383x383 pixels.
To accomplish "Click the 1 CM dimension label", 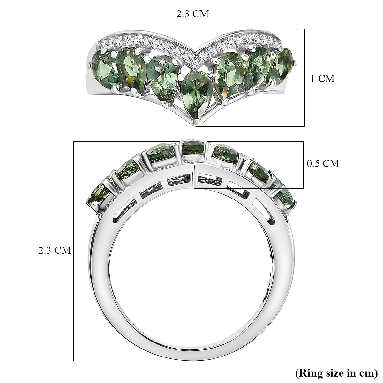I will (x=323, y=79).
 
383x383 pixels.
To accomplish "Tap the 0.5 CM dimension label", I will (x=323, y=163).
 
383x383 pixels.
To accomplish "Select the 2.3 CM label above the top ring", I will (x=192, y=14).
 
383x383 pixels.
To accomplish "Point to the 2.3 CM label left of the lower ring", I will (x=55, y=250).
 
